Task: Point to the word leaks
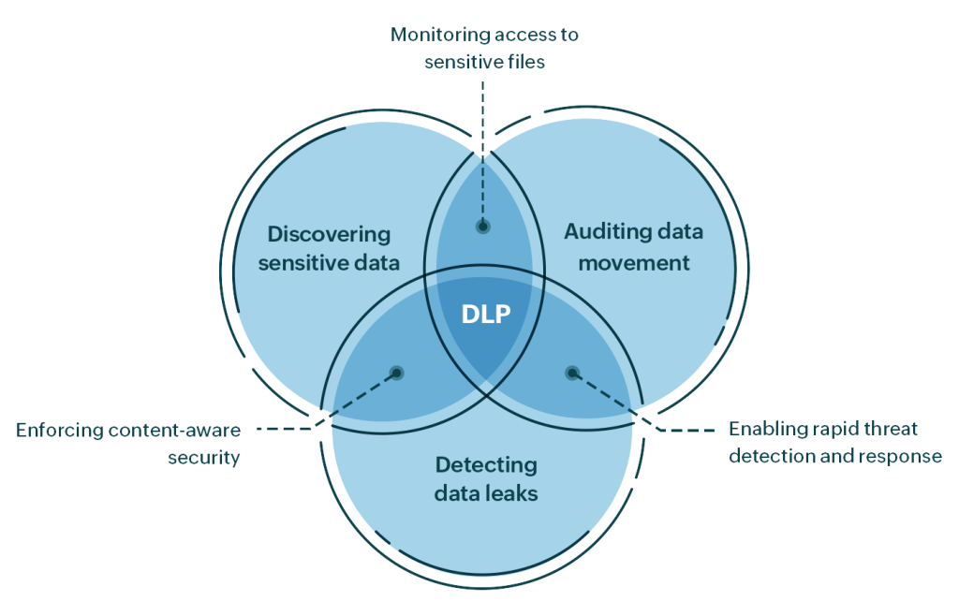pyautogui.click(x=515, y=492)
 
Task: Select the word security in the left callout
pyautogui.click(x=204, y=458)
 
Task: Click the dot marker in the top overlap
pyautogui.click(x=483, y=226)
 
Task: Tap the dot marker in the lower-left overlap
pyautogui.click(x=397, y=373)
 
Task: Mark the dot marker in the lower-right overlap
pyautogui.click(x=572, y=373)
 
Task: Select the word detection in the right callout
pyautogui.click(x=768, y=457)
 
